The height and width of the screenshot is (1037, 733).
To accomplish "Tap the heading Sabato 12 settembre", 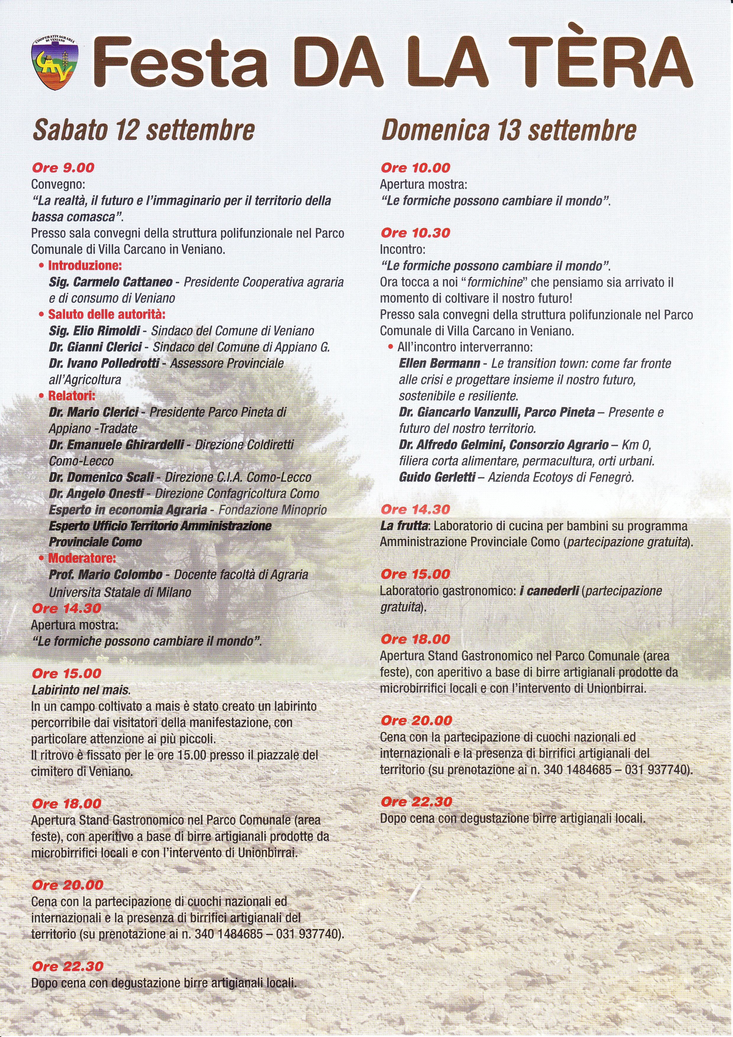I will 144,130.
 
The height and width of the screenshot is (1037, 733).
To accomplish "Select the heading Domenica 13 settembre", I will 508,130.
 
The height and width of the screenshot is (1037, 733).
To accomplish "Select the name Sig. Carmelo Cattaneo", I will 111,282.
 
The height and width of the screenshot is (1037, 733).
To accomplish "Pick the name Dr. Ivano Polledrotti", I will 104,364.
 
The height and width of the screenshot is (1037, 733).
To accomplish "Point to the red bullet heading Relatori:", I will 71,396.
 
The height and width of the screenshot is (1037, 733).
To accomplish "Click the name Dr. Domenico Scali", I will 101,478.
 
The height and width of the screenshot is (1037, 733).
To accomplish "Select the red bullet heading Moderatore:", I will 82,558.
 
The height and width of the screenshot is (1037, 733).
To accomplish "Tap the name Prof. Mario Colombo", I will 106,575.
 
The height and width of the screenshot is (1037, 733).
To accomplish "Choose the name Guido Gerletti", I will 437,478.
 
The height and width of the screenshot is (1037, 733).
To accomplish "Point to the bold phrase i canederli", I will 549,591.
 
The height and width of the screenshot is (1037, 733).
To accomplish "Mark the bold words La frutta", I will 404,526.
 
